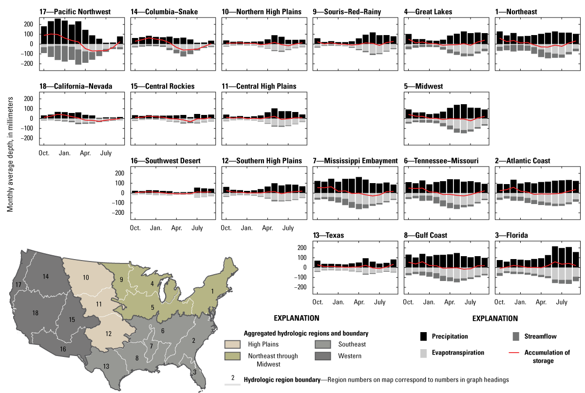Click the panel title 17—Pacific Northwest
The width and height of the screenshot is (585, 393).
coord(75,11)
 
